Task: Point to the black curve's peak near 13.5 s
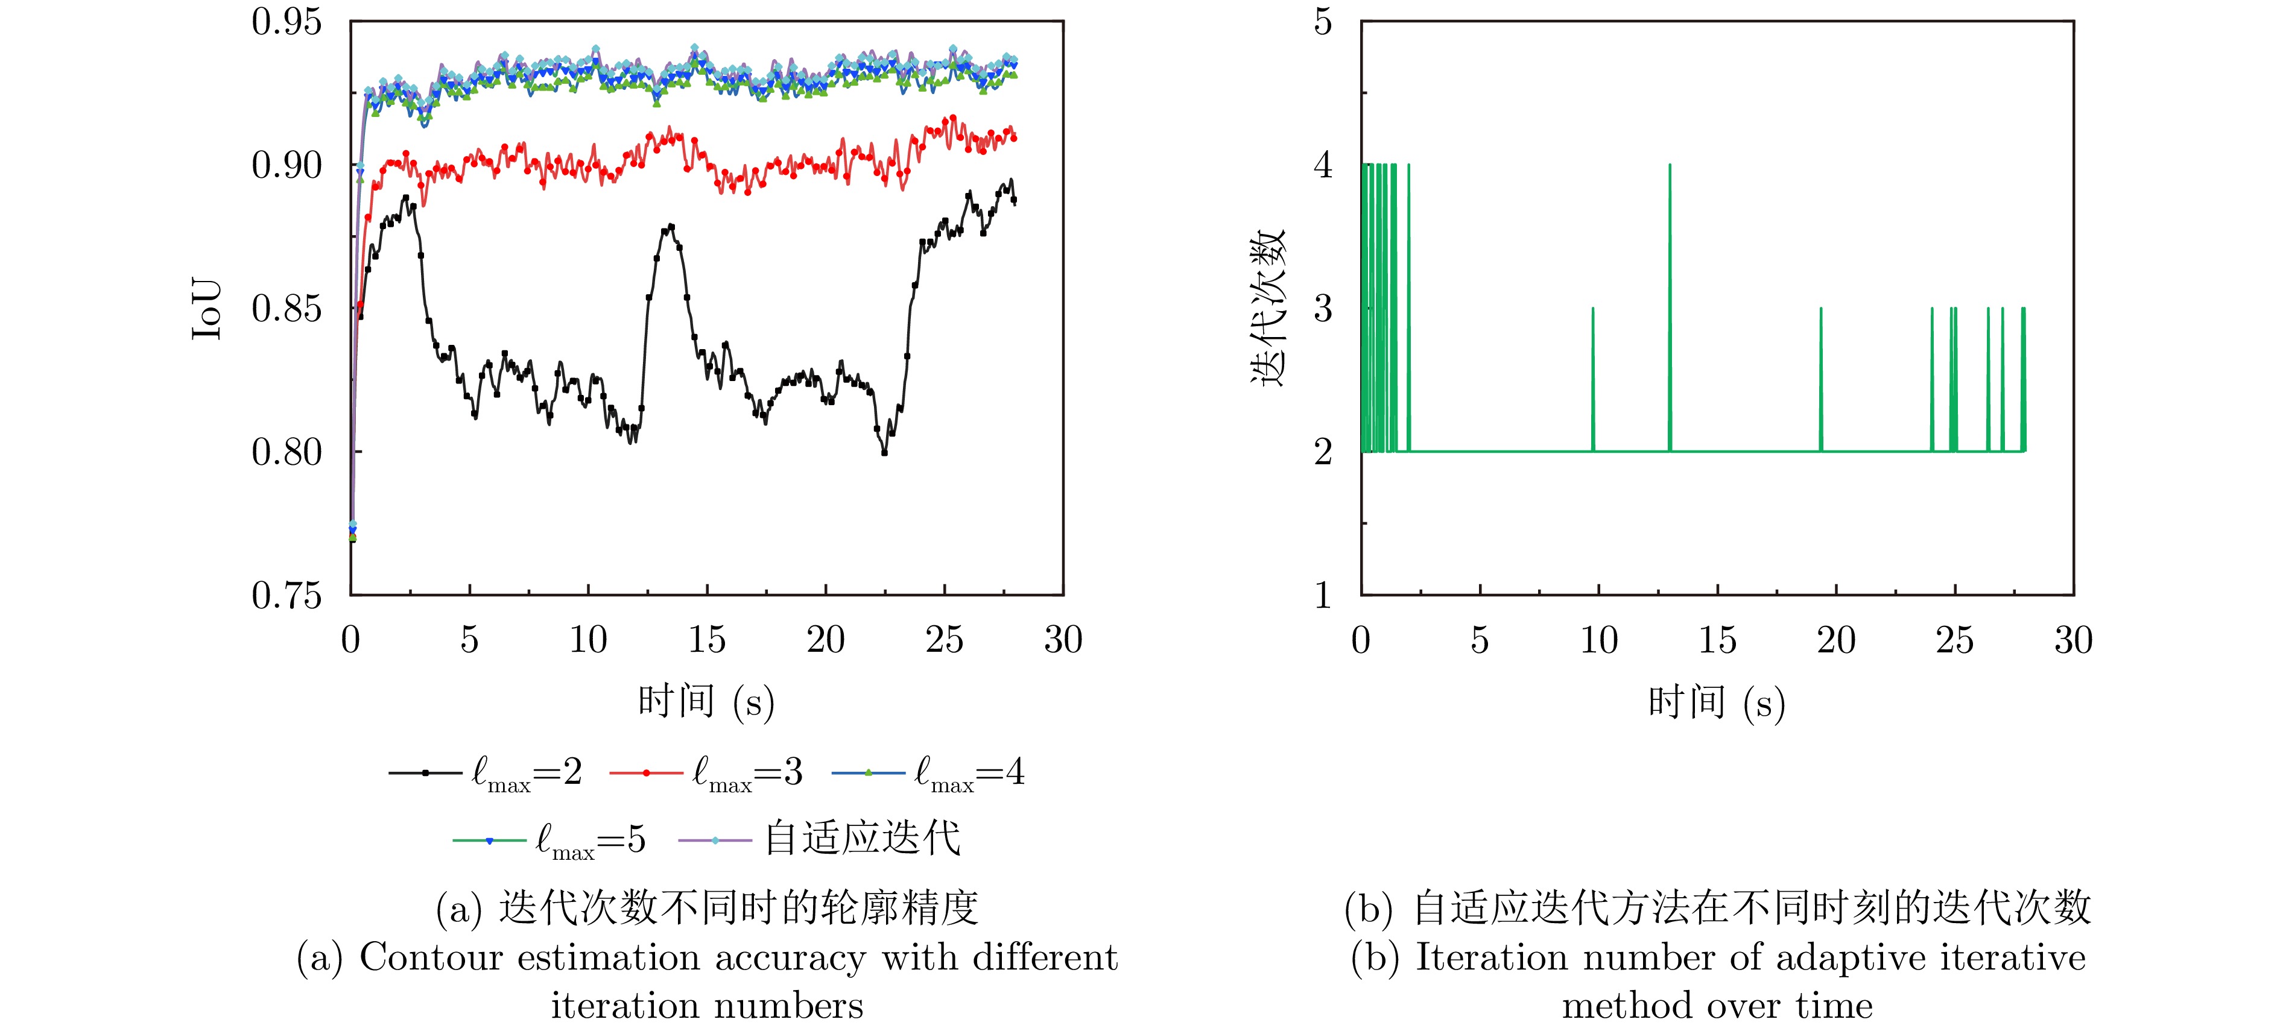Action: [x=672, y=227]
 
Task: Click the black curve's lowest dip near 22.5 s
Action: [x=883, y=452]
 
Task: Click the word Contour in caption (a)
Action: [x=431, y=958]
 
